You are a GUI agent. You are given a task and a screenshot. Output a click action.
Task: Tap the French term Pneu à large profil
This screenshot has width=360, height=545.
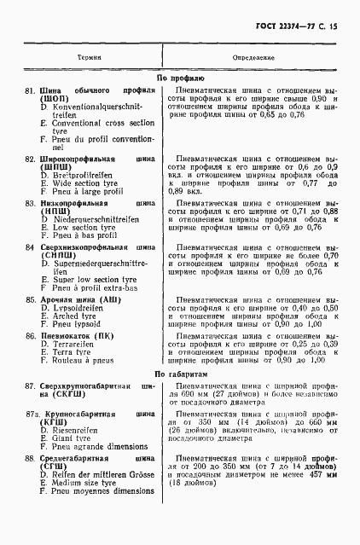pyautogui.click(x=83, y=191)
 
